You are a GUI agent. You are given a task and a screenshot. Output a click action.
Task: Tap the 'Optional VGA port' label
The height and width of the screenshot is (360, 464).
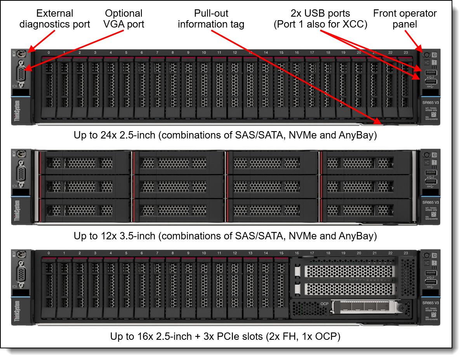tap(124, 19)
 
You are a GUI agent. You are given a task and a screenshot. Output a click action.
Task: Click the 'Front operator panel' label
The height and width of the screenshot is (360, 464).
tap(405, 19)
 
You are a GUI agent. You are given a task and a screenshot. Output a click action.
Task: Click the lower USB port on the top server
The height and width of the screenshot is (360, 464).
tap(431, 82)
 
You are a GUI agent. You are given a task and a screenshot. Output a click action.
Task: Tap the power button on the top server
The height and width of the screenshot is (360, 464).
tap(426, 55)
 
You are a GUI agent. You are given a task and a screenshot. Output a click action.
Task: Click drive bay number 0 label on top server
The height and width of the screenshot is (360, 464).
tap(49, 52)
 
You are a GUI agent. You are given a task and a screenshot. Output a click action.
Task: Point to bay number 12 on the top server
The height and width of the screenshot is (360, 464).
tap(235, 52)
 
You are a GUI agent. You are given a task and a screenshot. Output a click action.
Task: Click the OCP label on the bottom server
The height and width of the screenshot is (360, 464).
tap(325, 303)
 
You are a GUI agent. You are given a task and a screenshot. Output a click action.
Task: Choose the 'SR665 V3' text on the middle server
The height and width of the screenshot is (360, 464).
tap(431, 202)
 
